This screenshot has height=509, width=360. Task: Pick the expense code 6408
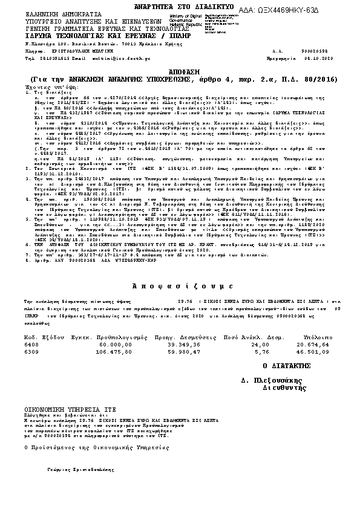coord(31,343)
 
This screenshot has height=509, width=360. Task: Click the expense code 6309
coord(31,351)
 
